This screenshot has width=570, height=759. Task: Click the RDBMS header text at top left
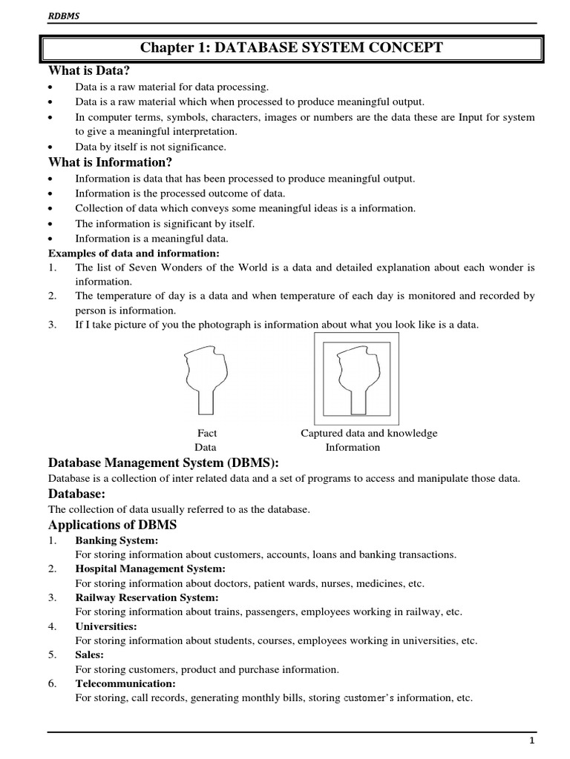[x=63, y=15]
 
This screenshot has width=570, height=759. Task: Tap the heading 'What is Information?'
[x=111, y=162]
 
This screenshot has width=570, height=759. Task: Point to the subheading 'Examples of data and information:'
[x=128, y=253]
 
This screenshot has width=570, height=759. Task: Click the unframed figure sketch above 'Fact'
[x=209, y=378]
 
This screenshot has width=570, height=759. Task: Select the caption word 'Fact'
[x=207, y=433]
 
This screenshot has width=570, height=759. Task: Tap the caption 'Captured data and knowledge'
[x=369, y=433]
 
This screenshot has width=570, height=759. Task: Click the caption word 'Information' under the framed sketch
[x=353, y=447]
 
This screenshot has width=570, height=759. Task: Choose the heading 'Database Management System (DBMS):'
[x=163, y=463]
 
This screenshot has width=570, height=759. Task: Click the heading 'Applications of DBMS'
[x=112, y=525]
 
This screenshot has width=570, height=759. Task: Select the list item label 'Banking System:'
[x=117, y=540]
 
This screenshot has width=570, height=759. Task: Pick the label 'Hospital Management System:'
[x=150, y=569]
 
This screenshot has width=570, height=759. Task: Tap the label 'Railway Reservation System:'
[x=147, y=597]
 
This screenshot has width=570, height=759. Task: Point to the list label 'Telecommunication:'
[x=125, y=683]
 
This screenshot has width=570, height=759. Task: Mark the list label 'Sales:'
[x=90, y=654]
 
